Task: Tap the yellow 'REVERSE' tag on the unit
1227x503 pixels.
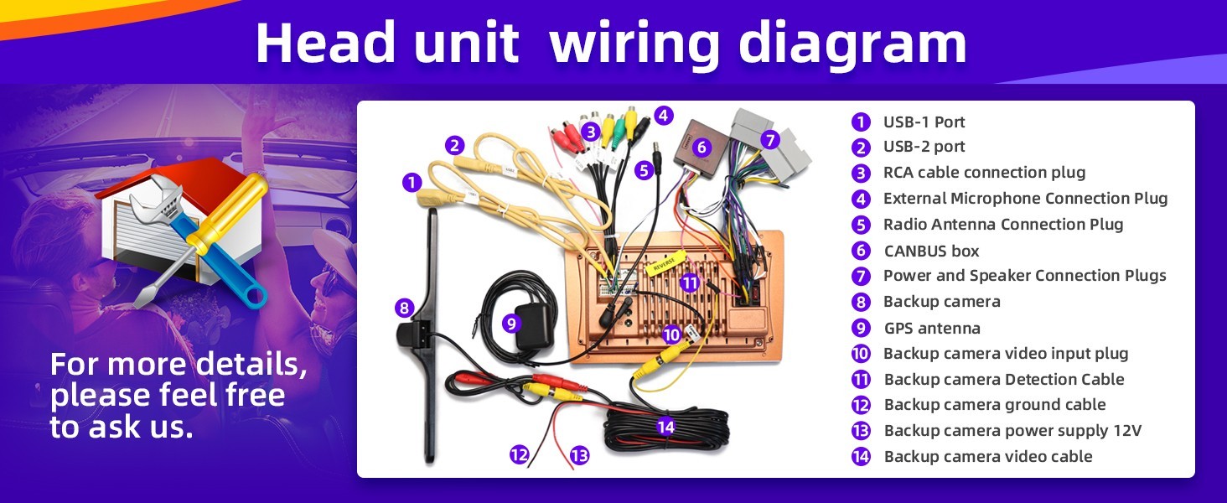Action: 665,263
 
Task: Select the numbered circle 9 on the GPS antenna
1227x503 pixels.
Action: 510,324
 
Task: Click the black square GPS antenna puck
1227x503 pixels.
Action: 534,327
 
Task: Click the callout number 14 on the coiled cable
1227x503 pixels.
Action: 665,426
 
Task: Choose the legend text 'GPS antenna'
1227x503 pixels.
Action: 932,329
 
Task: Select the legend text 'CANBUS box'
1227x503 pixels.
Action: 931,251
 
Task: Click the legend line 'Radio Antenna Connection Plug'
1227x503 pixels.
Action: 1003,225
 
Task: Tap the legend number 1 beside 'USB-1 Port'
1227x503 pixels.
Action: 861,122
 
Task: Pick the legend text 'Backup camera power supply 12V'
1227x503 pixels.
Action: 1012,431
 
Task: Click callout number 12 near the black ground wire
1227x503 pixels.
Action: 519,454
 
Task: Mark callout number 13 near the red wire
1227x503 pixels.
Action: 579,454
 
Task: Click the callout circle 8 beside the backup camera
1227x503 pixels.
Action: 404,308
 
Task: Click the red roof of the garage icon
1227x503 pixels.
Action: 164,175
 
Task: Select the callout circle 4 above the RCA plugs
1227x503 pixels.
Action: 663,116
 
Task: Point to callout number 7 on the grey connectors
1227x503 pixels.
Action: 769,140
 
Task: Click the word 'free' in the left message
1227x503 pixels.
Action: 257,395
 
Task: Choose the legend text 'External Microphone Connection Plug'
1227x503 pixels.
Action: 1025,199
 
